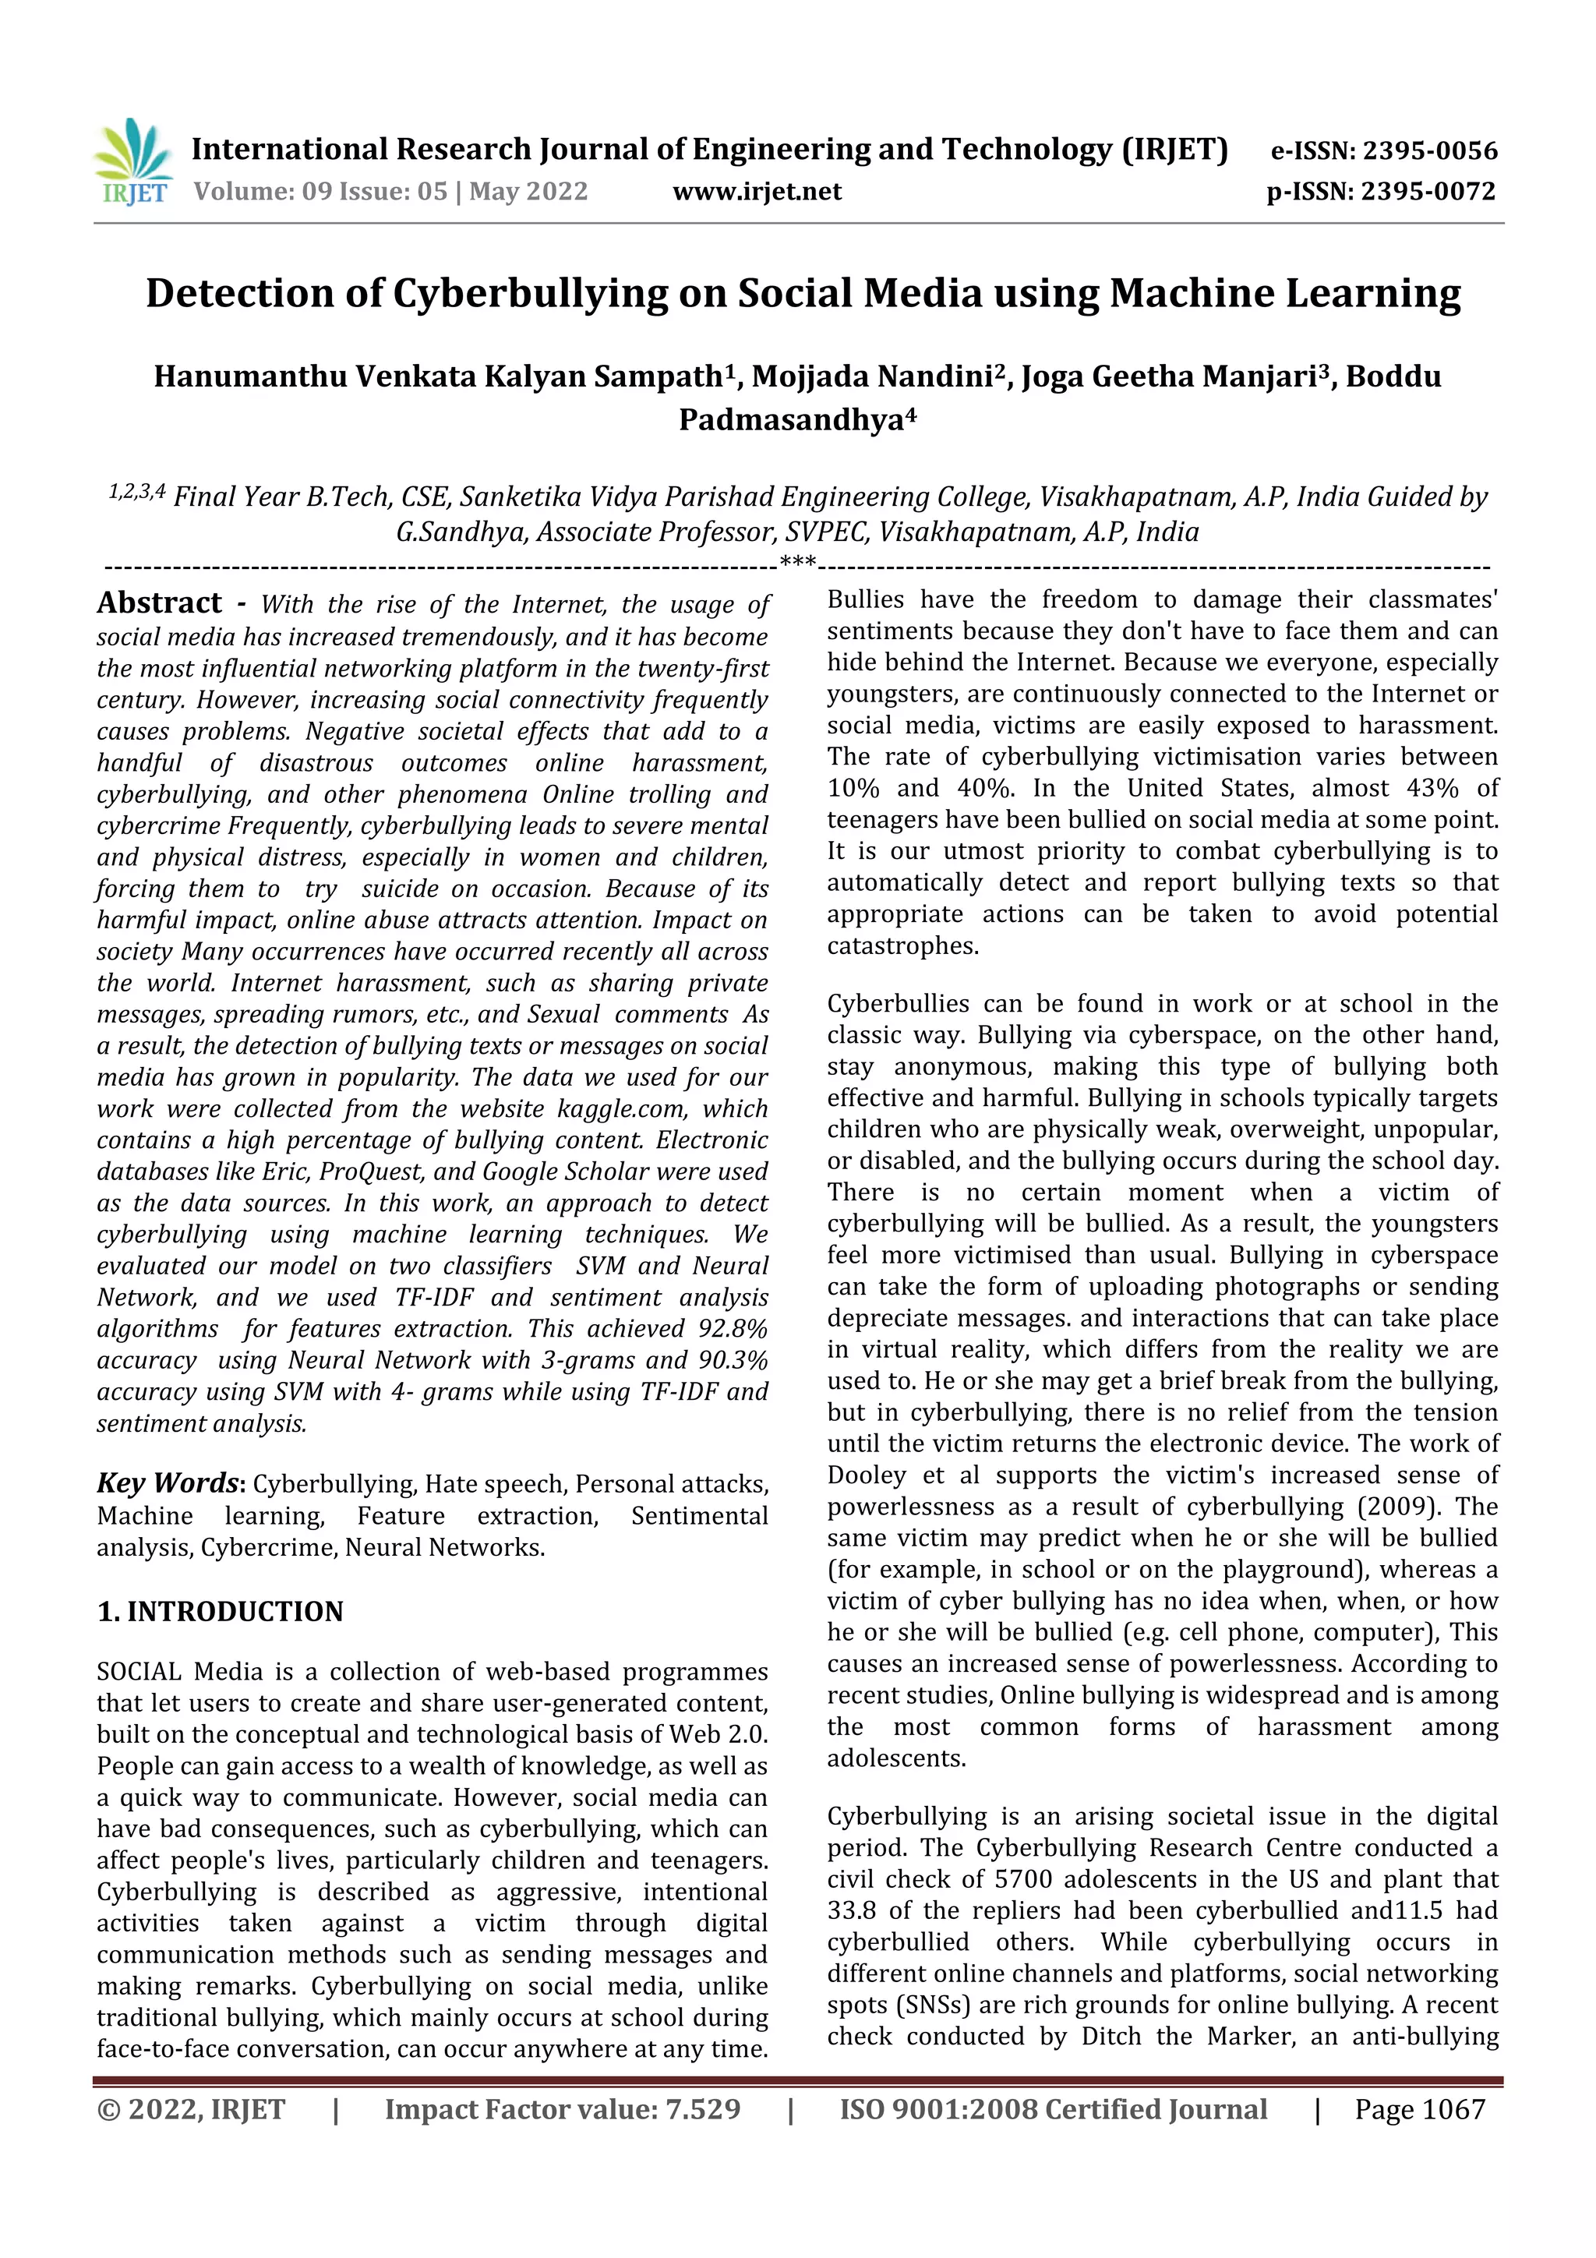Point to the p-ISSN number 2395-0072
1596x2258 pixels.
pos(1428,191)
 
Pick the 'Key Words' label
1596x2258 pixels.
pos(168,1483)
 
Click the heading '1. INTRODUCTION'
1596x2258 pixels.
pos(221,1612)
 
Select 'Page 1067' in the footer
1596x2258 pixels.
pos(1419,2109)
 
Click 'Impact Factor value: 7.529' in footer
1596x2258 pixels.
pos(563,2109)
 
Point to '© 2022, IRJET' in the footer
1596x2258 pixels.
pos(191,2109)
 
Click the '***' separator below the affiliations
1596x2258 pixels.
pos(796,564)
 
